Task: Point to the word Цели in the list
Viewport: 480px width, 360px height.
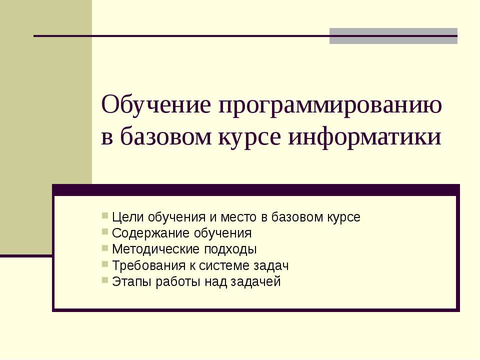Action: point(125,218)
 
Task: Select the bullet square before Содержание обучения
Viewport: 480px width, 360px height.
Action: point(104,232)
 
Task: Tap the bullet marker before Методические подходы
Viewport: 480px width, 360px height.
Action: point(104,248)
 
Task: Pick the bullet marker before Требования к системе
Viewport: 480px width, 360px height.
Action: point(104,264)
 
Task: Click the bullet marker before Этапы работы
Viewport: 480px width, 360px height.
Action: point(104,280)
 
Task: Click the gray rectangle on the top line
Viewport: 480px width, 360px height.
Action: point(393,36)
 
